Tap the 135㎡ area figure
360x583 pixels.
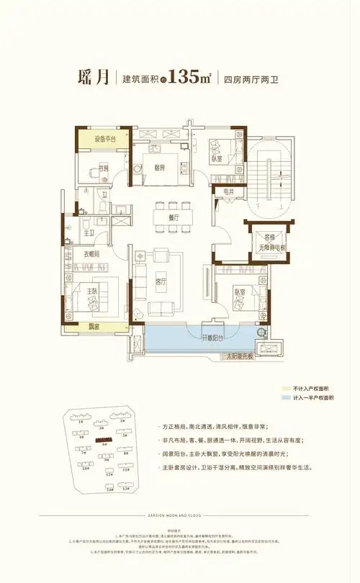pyautogui.click(x=189, y=79)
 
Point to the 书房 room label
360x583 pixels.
pyautogui.click(x=104, y=169)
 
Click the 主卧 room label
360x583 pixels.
pyautogui.click(x=92, y=291)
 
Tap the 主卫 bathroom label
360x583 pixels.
pyautogui.click(x=89, y=232)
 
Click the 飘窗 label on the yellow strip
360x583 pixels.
pyautogui.click(x=94, y=326)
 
